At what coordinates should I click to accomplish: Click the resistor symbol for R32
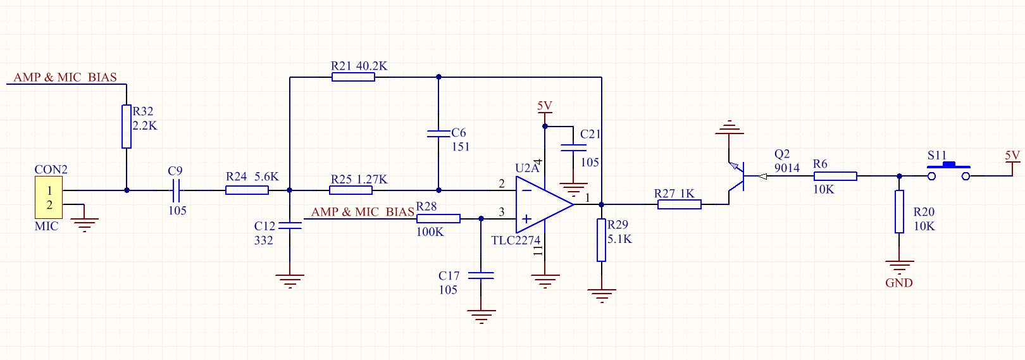127,127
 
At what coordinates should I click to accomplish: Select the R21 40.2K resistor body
353,77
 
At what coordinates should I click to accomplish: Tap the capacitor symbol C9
177,190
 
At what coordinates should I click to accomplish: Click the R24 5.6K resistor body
247,190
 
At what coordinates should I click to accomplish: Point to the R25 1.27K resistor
351,190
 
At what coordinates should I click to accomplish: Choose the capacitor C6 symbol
438,134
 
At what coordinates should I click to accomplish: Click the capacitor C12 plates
290,225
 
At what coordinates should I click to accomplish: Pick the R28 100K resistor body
438,219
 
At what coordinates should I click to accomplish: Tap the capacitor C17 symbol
481,276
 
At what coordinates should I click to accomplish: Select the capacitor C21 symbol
573,148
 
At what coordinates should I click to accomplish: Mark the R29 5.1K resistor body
601,240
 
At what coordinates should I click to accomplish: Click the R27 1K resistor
680,204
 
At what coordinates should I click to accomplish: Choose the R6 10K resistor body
835,177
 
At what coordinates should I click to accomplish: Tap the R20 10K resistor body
899,211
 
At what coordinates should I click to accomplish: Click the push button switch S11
948,171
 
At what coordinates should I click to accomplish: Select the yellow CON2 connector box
49,198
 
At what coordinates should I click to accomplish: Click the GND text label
898,283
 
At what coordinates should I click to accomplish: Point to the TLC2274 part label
516,240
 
